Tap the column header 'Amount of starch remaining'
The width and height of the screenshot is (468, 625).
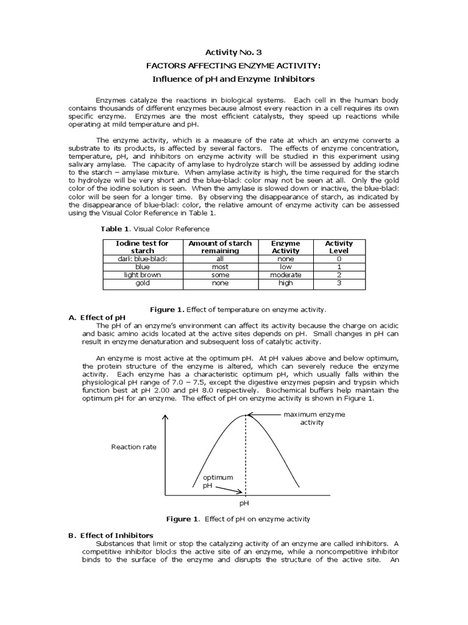click(x=220, y=247)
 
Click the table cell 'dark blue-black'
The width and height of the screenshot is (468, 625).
click(x=142, y=258)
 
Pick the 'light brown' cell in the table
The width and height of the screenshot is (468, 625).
click(x=142, y=275)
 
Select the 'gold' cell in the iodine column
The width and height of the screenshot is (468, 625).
click(x=142, y=283)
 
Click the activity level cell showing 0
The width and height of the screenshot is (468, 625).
click(x=338, y=258)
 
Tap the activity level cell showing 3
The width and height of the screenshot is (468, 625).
click(x=338, y=283)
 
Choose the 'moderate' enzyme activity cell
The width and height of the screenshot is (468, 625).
click(x=286, y=275)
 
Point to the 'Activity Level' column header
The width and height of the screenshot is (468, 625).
click(x=338, y=247)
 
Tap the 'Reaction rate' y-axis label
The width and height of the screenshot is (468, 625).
click(x=133, y=447)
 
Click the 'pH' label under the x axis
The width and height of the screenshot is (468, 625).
click(x=244, y=504)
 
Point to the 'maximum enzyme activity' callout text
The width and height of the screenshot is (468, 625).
click(x=314, y=419)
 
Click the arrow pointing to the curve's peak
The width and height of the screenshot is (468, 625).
click(x=263, y=415)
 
